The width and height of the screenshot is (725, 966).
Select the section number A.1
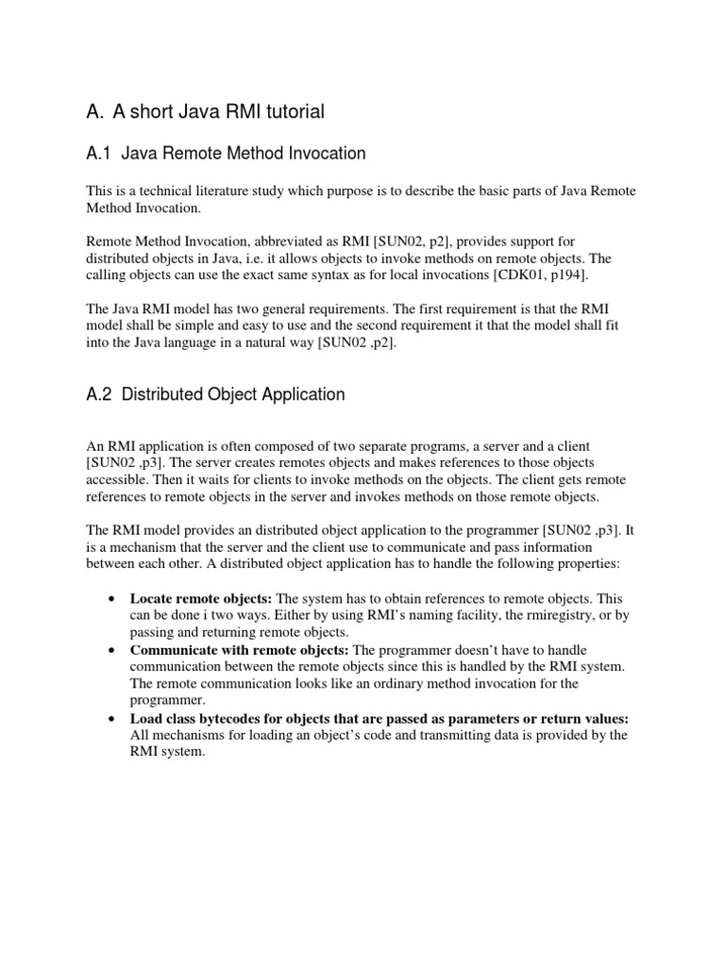pyautogui.click(x=98, y=153)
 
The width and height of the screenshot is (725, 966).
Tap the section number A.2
pyautogui.click(x=98, y=394)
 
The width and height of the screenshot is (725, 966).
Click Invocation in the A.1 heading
pyautogui.click(x=325, y=153)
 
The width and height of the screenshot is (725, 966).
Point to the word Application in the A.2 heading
pyautogui.click(x=301, y=394)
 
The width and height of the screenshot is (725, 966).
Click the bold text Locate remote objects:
pyautogui.click(x=200, y=599)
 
